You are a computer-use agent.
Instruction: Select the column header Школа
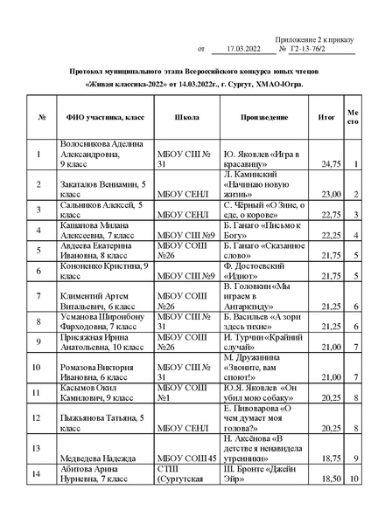tap(186, 115)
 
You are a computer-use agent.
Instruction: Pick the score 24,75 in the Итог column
tap(331, 163)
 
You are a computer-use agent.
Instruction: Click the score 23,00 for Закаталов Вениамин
tap(331, 194)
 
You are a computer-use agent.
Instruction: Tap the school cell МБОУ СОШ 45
tap(186, 458)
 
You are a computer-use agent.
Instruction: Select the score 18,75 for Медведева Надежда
tap(331, 458)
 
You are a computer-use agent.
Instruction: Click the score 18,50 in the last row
tap(331, 479)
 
